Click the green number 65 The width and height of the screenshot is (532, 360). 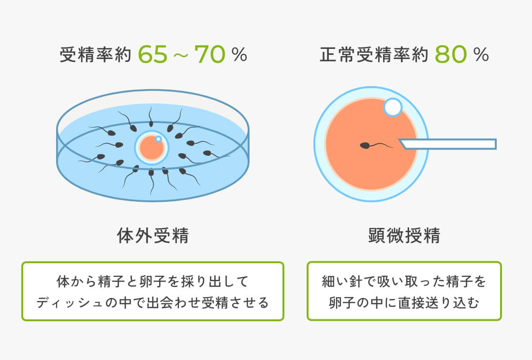[153, 54]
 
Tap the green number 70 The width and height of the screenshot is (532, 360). [210, 54]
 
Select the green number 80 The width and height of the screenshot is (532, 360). [451, 54]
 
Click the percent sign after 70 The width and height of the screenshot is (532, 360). [239, 55]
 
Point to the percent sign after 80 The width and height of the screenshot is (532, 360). [481, 55]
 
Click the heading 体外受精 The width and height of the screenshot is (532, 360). [153, 235]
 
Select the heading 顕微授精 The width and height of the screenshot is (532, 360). [404, 235]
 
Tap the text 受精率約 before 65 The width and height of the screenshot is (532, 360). [95, 54]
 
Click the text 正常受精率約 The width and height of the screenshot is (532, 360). [374, 54]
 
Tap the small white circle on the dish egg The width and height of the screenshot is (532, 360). [158, 139]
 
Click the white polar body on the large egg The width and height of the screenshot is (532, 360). [393, 107]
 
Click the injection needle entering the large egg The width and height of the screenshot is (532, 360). [448, 144]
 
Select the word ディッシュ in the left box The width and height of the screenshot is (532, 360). [67, 302]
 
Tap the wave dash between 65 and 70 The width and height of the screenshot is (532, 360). [181, 55]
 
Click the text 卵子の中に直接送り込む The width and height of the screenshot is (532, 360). [404, 302]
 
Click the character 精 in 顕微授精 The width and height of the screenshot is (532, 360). [431, 235]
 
